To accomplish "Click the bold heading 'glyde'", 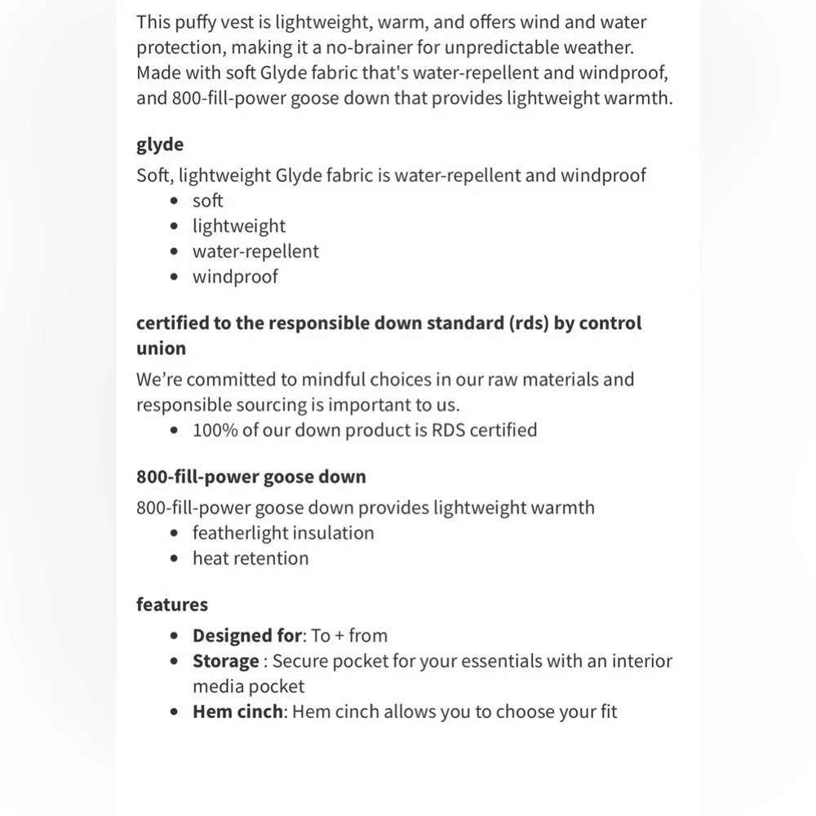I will pyautogui.click(x=160, y=144).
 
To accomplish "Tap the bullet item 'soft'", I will pyautogui.click(x=207, y=201).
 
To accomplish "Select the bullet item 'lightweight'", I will pyautogui.click(x=239, y=226).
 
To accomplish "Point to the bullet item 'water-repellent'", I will pyautogui.click(x=255, y=251).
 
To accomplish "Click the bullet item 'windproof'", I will pyautogui.click(x=235, y=277).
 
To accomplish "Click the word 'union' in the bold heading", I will pyautogui.click(x=161, y=348).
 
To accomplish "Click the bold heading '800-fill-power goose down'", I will pyautogui.click(x=251, y=477).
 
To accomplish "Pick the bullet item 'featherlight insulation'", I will pyautogui.click(x=283, y=533).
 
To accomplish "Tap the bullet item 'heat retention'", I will pyautogui.click(x=251, y=558).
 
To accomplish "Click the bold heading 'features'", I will pyautogui.click(x=172, y=605).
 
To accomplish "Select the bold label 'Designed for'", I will pyautogui.click(x=246, y=636).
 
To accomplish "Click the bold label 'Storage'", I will pyautogui.click(x=225, y=661).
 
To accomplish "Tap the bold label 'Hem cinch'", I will pyautogui.click(x=237, y=712).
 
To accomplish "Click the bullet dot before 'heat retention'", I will pyautogui.click(x=174, y=559).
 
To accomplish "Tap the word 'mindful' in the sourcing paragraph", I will pyautogui.click(x=336, y=379).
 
